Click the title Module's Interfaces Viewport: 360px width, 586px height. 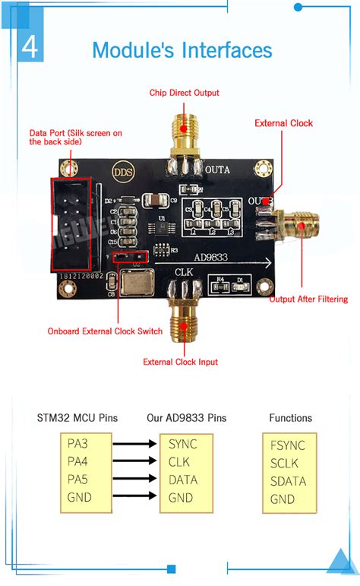pyautogui.click(x=182, y=50)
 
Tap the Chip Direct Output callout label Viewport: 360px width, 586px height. pyautogui.click(x=184, y=93)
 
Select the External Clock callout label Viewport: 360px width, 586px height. pyautogui.click(x=283, y=123)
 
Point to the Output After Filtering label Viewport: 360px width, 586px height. pyautogui.click(x=308, y=299)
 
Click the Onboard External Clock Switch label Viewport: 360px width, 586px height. pyautogui.click(x=105, y=331)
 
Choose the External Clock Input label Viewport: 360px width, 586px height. pyautogui.click(x=180, y=362)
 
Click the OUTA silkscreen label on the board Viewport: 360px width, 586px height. pyautogui.click(x=217, y=169)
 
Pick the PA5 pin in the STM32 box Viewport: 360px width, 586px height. pyautogui.click(x=78, y=480)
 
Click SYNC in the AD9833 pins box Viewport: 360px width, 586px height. pyautogui.click(x=183, y=444)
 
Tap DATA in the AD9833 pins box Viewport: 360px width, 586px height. pyautogui.click(x=183, y=480)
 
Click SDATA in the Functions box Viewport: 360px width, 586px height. pyautogui.click(x=288, y=481)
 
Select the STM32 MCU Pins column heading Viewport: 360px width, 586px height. pyautogui.click(x=78, y=417)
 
